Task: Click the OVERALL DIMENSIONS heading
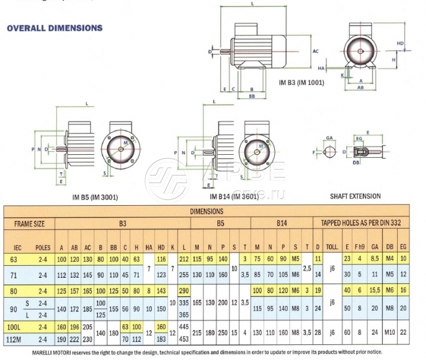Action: [x=54, y=28]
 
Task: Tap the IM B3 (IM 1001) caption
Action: [x=302, y=82]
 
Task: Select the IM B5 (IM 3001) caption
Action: [x=95, y=197]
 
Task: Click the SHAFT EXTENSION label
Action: [x=355, y=196]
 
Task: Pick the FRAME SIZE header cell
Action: [x=29, y=223]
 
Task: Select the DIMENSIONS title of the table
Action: [x=206, y=212]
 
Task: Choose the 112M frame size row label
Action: [x=18, y=340]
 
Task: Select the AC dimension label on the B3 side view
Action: [x=316, y=52]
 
